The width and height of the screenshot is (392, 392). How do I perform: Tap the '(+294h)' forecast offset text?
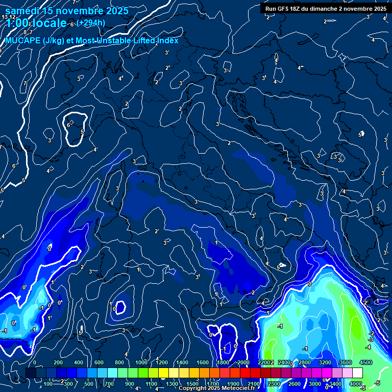tap(91, 22)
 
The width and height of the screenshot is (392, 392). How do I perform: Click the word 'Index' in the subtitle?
tap(167, 40)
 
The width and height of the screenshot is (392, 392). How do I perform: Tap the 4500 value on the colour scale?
tap(365, 362)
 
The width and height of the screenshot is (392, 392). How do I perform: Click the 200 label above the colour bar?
tap(58, 362)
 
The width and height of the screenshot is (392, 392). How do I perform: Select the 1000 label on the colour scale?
tap(141, 362)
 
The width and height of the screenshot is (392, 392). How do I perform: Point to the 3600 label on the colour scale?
tap(345, 362)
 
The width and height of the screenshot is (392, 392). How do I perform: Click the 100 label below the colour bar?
tap(48, 384)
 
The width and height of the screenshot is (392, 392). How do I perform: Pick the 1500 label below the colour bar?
tap(192, 384)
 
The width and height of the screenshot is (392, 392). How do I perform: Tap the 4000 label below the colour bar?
tap(355, 384)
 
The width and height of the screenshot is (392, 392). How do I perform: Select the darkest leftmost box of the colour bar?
tap(31, 373)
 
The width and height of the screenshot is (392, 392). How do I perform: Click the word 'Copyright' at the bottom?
tap(193, 388)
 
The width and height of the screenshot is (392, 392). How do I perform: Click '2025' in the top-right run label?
tap(379, 9)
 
